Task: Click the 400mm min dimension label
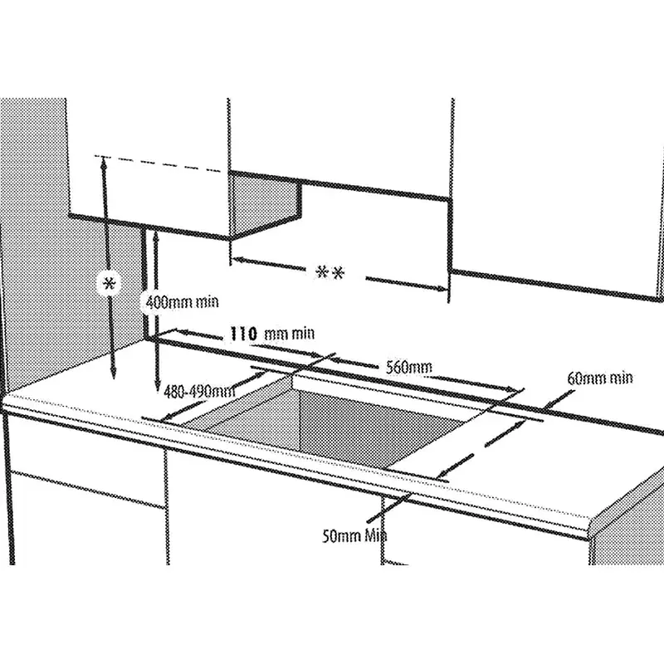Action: (182, 302)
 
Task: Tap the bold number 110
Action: (243, 334)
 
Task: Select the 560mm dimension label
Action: (409, 368)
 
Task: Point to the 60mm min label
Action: (599, 378)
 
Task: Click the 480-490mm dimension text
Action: (199, 392)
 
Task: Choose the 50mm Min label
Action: (354, 536)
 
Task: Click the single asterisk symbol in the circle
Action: (110, 282)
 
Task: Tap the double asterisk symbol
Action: (330, 273)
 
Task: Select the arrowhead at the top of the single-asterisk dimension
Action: (102, 161)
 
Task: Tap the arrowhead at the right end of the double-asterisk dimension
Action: (442, 288)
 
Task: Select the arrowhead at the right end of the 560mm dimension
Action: (517, 388)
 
